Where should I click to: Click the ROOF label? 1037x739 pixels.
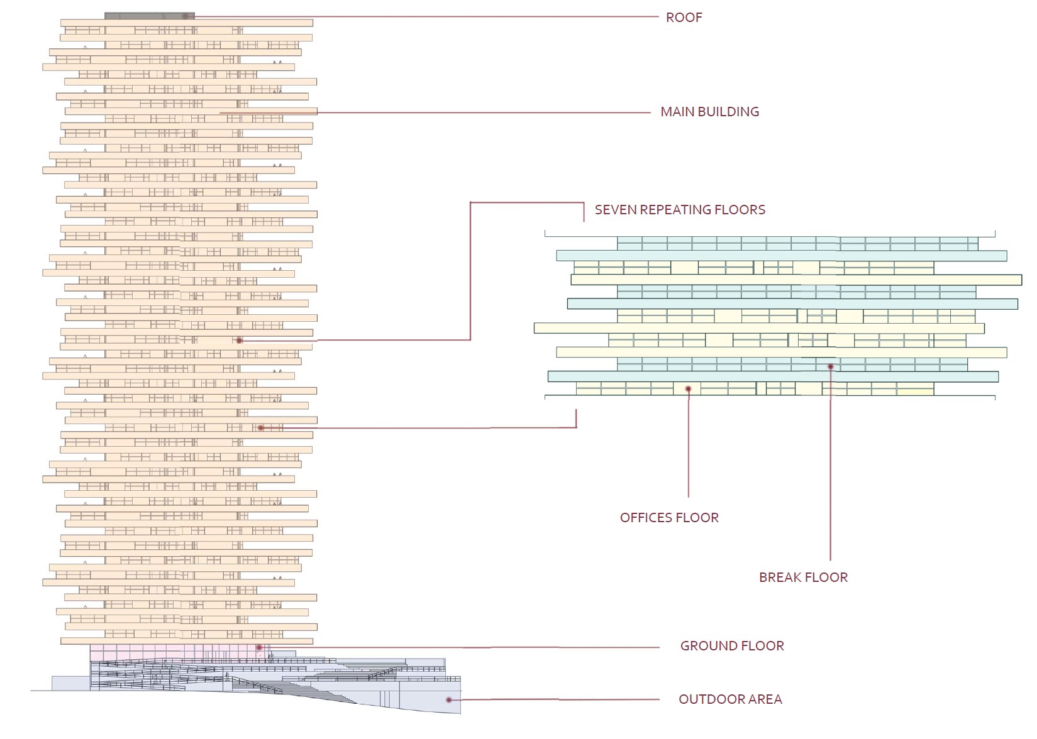pyautogui.click(x=684, y=18)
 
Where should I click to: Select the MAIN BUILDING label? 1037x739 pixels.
pyautogui.click(x=709, y=112)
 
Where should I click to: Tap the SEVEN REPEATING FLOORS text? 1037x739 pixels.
pyautogui.click(x=680, y=210)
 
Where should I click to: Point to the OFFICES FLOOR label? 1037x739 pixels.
pyautogui.click(x=669, y=518)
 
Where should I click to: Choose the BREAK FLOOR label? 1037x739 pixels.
pyautogui.click(x=803, y=578)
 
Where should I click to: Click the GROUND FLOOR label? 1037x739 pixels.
pyautogui.click(x=732, y=646)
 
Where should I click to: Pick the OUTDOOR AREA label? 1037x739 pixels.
pyautogui.click(x=730, y=699)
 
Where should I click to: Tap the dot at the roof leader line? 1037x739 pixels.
pyautogui.click(x=185, y=16)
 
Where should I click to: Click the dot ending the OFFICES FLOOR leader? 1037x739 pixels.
pyautogui.click(x=689, y=390)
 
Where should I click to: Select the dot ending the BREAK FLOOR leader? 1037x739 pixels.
pyautogui.click(x=830, y=366)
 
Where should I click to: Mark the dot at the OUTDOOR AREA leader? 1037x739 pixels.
pyautogui.click(x=448, y=699)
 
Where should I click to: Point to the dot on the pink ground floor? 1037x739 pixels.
pyautogui.click(x=259, y=647)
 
